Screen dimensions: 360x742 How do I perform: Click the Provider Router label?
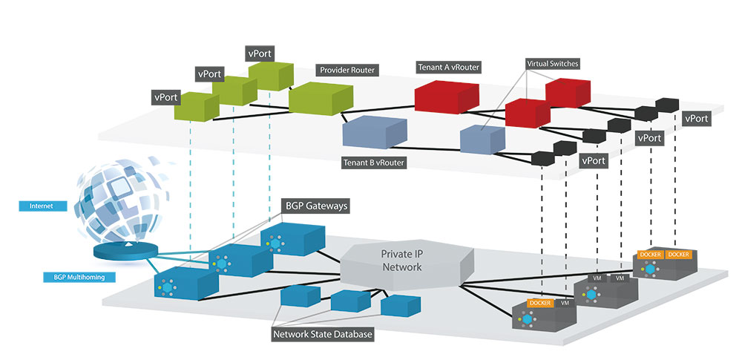coord(347,71)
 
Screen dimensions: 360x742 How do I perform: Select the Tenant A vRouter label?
coord(448,68)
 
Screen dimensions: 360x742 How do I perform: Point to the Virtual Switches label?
coord(553,65)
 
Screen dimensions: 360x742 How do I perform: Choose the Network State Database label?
coord(323,334)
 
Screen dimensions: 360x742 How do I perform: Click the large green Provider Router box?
coord(320,98)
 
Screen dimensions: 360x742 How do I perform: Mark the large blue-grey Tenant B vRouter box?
coord(374,133)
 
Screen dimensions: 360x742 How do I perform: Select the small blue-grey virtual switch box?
coord(482,139)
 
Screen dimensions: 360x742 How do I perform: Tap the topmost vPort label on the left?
coord(260,53)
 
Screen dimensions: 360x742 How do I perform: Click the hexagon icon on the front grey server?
coord(528,320)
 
